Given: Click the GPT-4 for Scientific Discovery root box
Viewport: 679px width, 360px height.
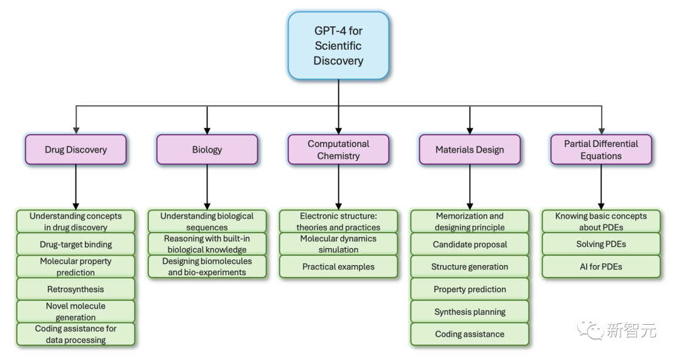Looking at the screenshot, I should (338, 45).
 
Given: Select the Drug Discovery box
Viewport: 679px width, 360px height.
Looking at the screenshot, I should (76, 150).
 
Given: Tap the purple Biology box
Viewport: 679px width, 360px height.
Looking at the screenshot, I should (207, 150).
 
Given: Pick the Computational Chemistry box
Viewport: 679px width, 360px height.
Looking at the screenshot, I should (338, 150).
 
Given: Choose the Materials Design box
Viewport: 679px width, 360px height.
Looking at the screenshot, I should (470, 150).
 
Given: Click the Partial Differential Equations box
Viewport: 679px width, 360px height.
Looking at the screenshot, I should (601, 150).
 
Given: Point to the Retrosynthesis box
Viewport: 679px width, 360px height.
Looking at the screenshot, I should (76, 289).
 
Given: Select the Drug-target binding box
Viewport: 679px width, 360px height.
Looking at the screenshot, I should (76, 244).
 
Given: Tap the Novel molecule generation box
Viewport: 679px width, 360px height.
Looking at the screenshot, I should (76, 312).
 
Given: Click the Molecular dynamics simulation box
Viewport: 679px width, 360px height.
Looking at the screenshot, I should (338, 244).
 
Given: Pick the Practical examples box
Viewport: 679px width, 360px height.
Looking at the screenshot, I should (338, 266).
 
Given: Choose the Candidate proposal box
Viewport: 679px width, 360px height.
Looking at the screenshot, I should (470, 244).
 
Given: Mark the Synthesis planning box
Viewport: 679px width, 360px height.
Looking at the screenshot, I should (470, 312).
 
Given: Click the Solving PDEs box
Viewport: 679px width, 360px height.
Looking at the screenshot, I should (601, 244).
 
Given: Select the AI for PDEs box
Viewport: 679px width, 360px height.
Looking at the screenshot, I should (601, 266).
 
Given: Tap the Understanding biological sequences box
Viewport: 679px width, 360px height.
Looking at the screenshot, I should (207, 221).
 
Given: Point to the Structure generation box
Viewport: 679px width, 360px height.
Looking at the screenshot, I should (470, 266).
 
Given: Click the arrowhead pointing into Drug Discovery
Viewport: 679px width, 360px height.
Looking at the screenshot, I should (76, 129).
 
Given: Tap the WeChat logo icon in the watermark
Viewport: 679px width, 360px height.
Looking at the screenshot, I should (591, 329).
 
